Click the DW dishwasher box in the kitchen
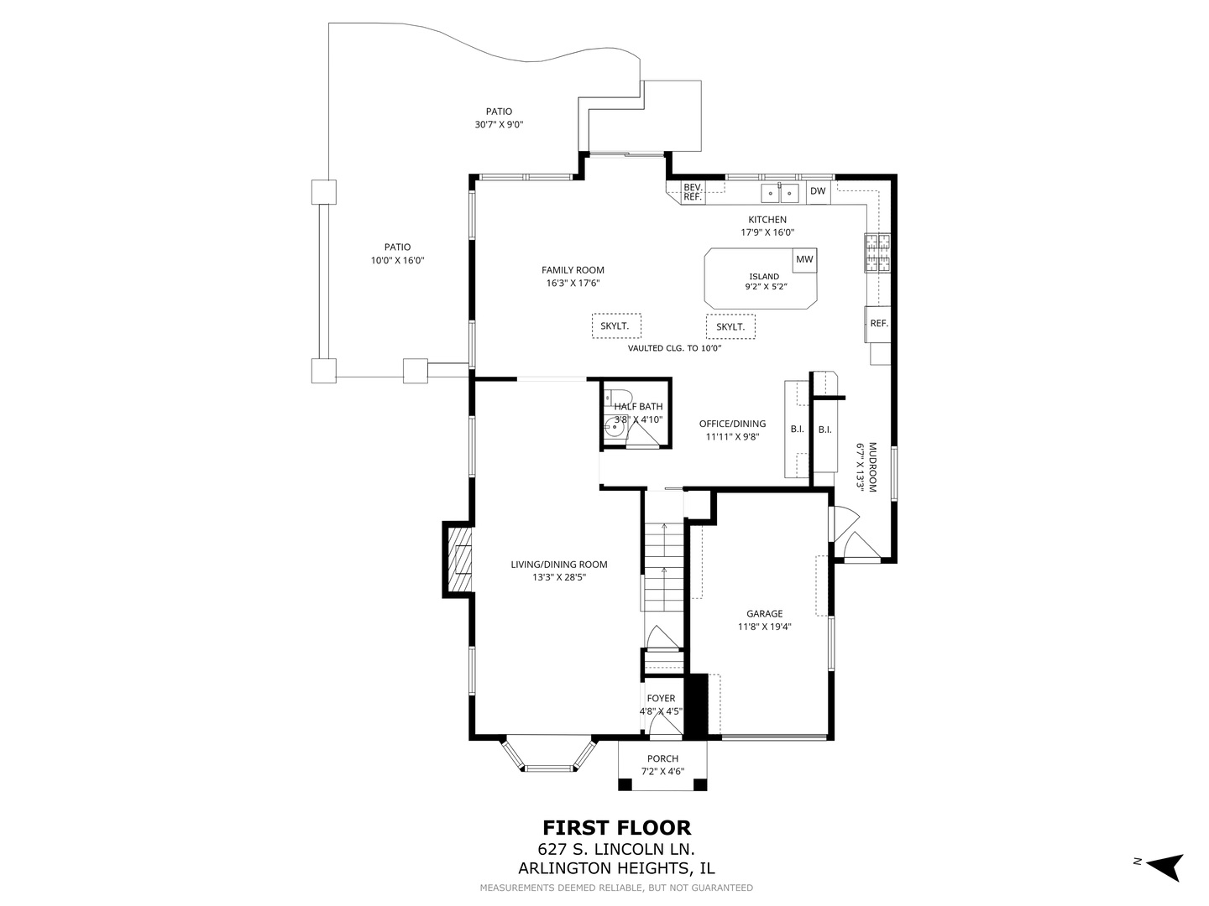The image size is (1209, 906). pos(818,191)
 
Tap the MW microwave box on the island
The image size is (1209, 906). pos(804,259)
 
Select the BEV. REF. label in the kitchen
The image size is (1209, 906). pos(692,192)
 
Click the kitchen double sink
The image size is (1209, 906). pos(780,194)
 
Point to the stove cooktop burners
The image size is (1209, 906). pos(877,253)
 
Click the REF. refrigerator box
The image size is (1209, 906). pos(878,324)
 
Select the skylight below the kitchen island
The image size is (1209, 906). pos(730,326)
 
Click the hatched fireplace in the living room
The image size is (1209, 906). pos(458,559)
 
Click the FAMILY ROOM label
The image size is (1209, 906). pos(573,270)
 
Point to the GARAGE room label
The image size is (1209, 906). pos(764,613)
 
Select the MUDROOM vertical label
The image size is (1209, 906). pos(872,467)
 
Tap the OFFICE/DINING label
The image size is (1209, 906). pos(732,424)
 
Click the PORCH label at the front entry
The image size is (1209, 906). pos(662,758)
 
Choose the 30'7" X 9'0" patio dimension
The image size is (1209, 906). pos(499,124)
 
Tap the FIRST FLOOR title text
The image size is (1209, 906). pos(616,828)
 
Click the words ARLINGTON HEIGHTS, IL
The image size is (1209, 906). pos(616,869)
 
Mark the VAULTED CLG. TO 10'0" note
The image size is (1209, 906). pos(674,348)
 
